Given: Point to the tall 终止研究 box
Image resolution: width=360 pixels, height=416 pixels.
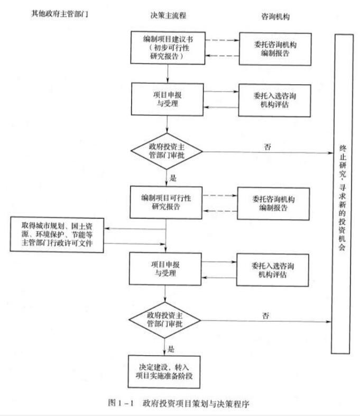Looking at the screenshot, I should (x=341, y=194).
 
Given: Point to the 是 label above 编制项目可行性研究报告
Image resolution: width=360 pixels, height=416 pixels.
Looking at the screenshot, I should (x=172, y=177).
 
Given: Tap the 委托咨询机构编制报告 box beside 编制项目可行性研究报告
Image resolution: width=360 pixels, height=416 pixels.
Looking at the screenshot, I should (x=273, y=203).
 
